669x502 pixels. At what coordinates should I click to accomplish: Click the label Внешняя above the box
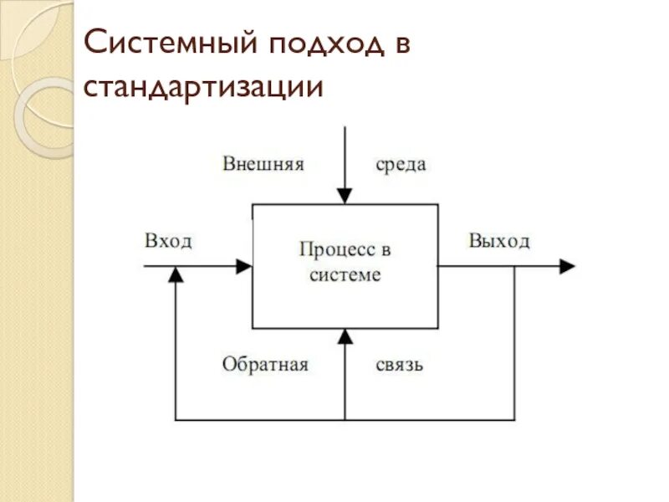263,163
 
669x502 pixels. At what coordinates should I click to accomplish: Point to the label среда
401,164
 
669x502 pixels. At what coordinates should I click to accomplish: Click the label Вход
168,241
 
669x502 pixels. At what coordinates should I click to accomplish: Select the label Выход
499,241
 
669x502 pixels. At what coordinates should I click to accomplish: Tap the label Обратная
266,365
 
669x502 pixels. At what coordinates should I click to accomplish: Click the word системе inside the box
345,274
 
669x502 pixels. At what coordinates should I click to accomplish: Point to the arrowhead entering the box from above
345,197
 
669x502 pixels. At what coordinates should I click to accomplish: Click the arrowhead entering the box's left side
244,266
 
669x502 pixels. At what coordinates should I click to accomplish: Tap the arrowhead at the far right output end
568,266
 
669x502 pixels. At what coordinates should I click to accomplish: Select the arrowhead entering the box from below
345,336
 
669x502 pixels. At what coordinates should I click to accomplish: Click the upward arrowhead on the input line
176,274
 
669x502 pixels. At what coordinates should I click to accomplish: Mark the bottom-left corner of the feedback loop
176,418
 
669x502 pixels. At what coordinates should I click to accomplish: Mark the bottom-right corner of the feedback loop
514,418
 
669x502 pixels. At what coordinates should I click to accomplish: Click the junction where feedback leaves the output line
514,266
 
